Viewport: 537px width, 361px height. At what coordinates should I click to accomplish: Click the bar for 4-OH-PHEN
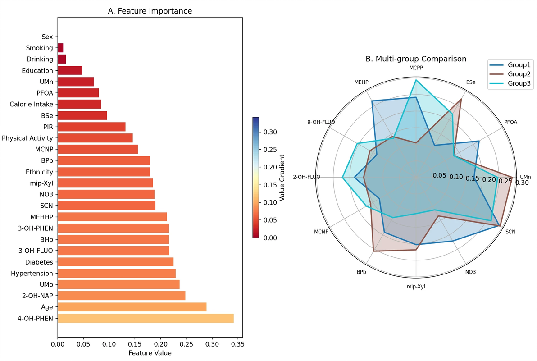(x=146, y=319)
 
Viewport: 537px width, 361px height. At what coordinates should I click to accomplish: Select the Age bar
(x=132, y=307)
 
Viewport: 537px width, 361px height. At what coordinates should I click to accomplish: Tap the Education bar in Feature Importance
(x=70, y=71)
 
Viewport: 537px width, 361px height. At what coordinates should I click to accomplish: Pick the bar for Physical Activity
(x=95, y=138)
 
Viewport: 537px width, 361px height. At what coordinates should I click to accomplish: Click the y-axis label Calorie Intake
(x=31, y=105)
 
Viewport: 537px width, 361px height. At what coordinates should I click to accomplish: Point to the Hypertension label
(x=32, y=274)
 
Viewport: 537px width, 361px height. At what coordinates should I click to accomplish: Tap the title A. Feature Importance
(x=150, y=11)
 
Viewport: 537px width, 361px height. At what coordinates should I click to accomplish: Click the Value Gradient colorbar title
(x=282, y=178)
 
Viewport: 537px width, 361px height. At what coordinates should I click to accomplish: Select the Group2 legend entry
(x=519, y=74)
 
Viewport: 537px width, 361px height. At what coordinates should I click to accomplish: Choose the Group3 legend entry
(x=519, y=83)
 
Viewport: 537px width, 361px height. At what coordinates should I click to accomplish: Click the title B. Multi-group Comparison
(x=415, y=59)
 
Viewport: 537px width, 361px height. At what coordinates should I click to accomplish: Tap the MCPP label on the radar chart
(x=416, y=68)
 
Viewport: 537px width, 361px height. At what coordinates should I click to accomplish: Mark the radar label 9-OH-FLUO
(x=321, y=122)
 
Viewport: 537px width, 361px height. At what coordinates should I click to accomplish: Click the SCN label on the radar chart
(x=510, y=232)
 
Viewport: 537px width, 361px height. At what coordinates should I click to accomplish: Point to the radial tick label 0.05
(x=440, y=175)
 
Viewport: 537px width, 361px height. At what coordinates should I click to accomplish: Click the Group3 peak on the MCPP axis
(x=416, y=80)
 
